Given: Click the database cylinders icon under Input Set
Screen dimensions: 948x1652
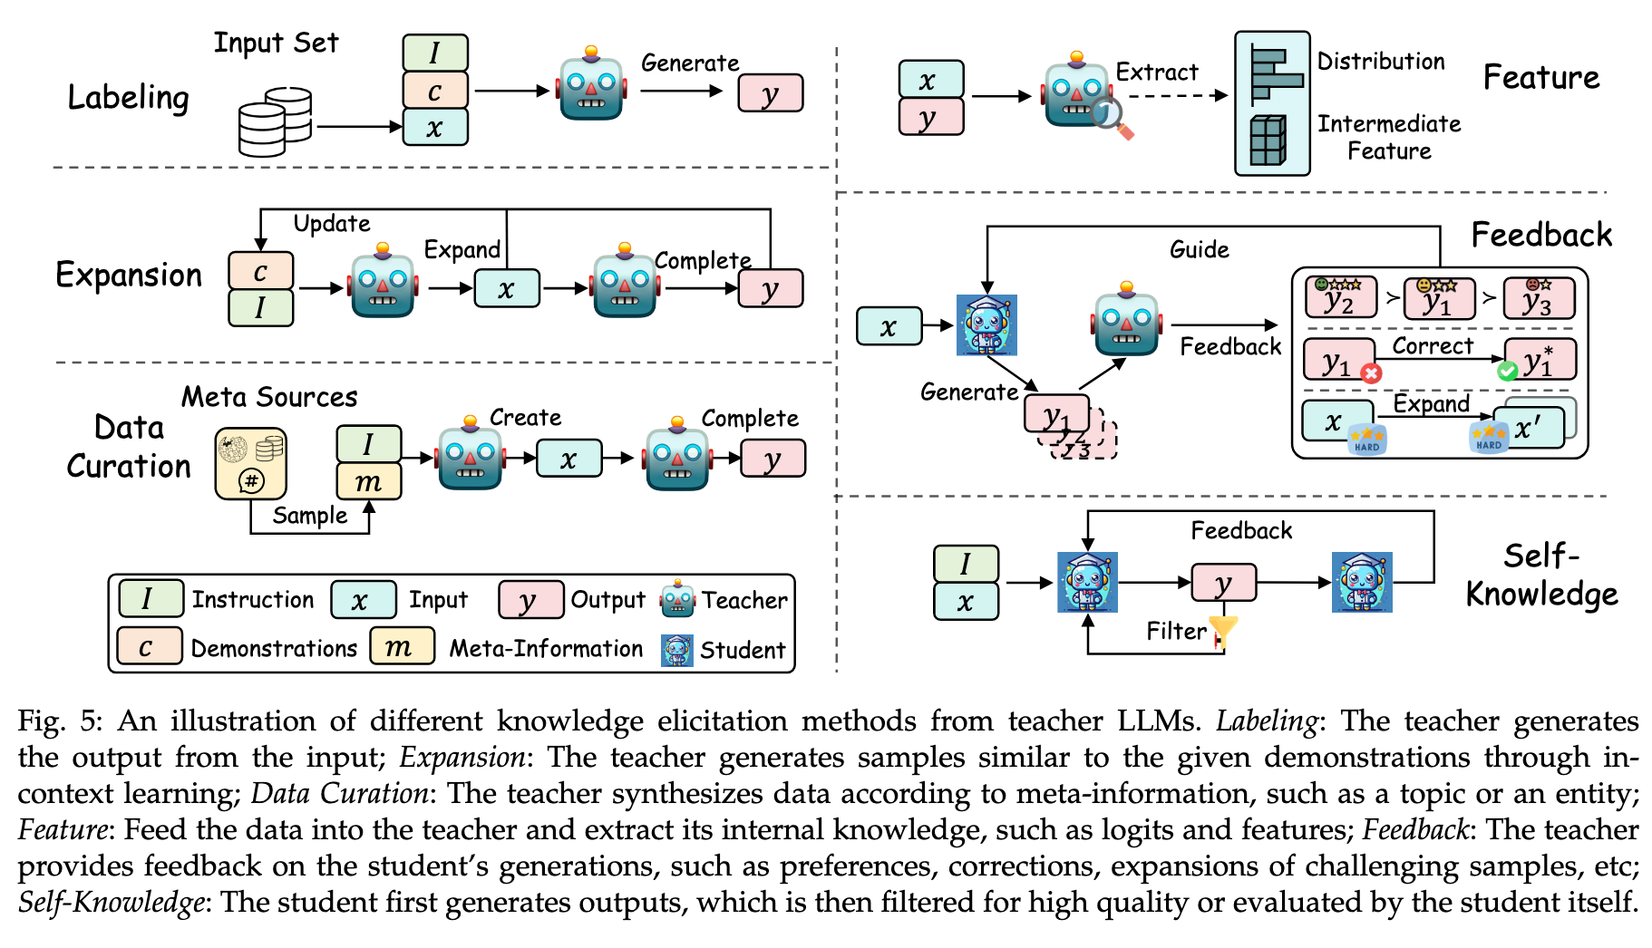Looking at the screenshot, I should point(275,121).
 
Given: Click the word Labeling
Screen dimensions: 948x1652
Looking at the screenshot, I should point(128,98).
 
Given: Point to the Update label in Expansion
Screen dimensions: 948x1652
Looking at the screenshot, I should point(332,224).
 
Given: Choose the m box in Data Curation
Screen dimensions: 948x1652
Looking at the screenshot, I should point(368,481).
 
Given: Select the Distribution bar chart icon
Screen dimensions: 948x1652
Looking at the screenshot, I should point(1273,73).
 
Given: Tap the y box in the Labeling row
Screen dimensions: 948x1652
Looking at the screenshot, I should point(770,93).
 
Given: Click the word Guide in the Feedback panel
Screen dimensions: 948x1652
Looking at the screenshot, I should point(1199,250).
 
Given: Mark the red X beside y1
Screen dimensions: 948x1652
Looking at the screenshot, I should point(1371,372).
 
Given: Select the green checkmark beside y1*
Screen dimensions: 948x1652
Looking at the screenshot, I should point(1507,371).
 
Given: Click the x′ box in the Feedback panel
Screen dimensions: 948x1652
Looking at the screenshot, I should point(1530,428).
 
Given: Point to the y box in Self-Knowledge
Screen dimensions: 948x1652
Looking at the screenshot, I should point(1223,583).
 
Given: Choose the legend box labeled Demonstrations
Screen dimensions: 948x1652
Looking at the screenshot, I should point(149,647).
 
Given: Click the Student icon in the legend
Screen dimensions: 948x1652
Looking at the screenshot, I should point(676,650).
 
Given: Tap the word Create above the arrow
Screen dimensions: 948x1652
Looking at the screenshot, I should point(525,418).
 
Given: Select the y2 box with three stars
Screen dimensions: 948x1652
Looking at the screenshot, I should point(1340,298).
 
